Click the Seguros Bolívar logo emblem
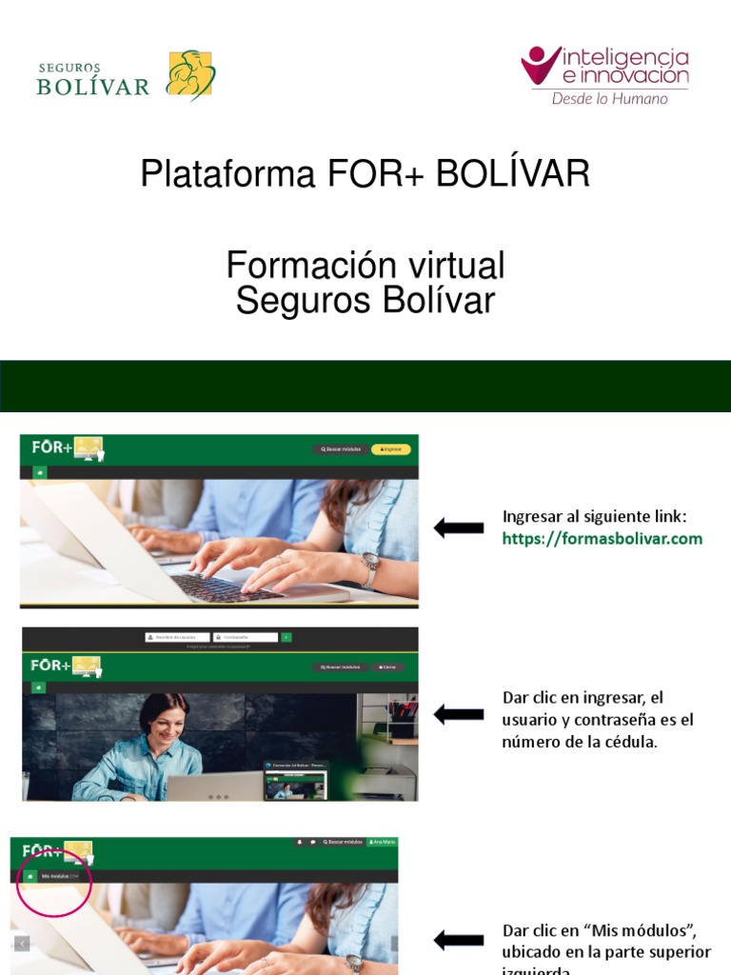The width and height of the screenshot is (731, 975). (x=190, y=75)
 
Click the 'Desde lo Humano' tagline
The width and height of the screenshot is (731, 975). (x=610, y=98)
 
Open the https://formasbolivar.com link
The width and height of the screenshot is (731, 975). (x=602, y=539)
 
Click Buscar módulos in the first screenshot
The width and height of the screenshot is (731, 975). (x=339, y=448)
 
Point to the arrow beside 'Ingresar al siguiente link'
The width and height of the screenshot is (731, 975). (x=459, y=527)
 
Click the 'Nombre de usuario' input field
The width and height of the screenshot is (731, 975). (x=178, y=637)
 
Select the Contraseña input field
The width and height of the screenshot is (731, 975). (x=247, y=637)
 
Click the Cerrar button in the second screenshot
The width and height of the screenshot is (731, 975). (x=387, y=667)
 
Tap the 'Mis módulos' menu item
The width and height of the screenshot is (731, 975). (x=56, y=876)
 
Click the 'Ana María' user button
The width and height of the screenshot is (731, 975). (x=382, y=843)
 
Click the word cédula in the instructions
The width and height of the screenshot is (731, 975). (x=634, y=743)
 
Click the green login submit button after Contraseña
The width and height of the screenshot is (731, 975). (x=286, y=637)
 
